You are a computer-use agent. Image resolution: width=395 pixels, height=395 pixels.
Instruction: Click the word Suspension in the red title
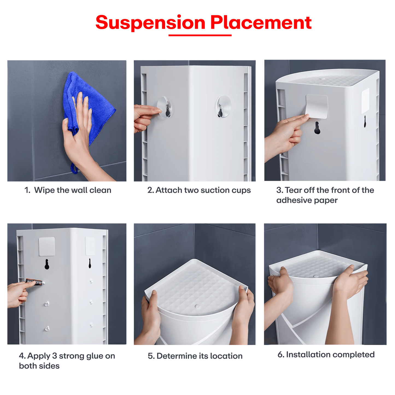click(150, 23)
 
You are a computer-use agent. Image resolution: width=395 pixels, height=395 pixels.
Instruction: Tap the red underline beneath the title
click(200, 35)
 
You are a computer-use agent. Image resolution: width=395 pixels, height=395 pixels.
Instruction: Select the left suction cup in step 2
click(165, 107)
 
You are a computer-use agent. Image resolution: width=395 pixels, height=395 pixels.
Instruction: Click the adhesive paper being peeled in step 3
click(317, 106)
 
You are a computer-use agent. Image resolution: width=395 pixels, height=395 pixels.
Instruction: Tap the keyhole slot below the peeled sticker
click(317, 128)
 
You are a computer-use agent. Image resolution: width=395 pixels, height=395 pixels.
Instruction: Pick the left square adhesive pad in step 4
click(47, 246)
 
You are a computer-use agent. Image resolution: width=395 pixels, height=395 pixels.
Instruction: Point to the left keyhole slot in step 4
click(47, 264)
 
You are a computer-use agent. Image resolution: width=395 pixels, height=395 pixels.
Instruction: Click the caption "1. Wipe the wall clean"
click(68, 190)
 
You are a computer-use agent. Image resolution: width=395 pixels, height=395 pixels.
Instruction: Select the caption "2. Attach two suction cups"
click(199, 190)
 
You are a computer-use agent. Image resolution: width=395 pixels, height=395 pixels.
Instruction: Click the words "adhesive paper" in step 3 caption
click(307, 200)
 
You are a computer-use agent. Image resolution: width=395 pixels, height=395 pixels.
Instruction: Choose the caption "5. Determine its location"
click(195, 356)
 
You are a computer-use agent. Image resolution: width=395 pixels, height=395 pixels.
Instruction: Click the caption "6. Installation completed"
click(326, 355)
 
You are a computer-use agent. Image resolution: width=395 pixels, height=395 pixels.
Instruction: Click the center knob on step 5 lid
click(197, 306)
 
